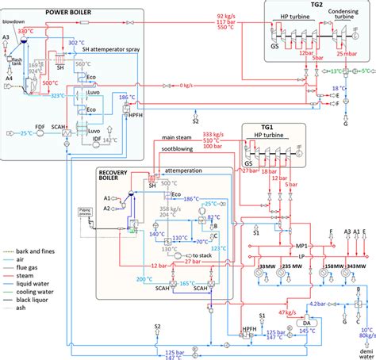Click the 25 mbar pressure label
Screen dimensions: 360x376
[346, 55]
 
